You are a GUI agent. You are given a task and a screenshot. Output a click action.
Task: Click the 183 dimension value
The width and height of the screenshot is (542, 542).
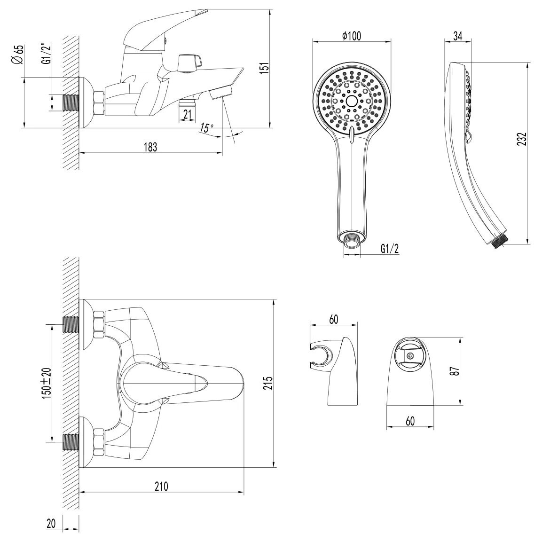point(150,147)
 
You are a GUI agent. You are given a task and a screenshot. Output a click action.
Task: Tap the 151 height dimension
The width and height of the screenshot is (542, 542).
point(264,68)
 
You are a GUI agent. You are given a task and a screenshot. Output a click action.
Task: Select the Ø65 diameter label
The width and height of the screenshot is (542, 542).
point(18,55)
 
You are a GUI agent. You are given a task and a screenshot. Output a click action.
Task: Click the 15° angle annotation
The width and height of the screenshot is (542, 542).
point(206,128)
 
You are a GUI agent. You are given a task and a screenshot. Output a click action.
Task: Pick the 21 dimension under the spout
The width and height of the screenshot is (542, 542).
point(188,114)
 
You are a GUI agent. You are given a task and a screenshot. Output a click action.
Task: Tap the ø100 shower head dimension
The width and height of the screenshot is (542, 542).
point(352,36)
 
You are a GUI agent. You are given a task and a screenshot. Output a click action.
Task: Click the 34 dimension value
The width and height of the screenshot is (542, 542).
point(458,36)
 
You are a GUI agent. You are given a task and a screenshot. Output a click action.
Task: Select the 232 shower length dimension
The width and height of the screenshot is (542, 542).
point(522,139)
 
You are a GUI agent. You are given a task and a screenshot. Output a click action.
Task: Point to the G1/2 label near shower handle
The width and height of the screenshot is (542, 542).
point(390,249)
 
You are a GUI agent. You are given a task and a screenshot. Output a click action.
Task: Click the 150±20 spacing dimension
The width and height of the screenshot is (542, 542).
point(47,383)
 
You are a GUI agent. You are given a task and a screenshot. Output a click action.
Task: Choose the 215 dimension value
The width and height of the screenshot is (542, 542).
point(268,383)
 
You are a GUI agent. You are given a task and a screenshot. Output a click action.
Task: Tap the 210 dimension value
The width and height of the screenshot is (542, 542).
point(161,487)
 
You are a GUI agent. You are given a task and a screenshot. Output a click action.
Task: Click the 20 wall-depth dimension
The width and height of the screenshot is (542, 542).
point(51,524)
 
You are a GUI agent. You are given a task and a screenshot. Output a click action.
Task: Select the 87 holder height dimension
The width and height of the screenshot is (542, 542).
point(456,371)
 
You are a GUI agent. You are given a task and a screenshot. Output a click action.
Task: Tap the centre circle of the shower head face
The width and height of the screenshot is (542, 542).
point(352,101)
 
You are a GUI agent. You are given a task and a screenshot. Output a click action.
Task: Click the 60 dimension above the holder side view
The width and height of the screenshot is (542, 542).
point(334,320)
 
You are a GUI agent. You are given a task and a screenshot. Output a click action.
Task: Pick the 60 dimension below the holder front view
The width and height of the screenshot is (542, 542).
point(410,421)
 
